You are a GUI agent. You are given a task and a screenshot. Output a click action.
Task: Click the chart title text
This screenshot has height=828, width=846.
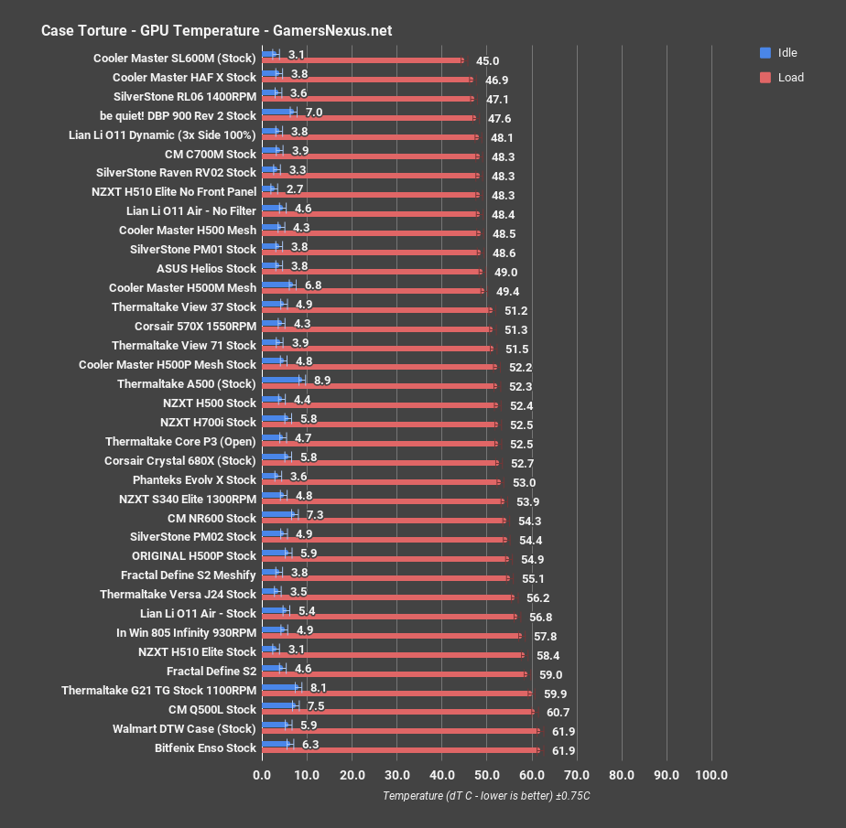click(216, 30)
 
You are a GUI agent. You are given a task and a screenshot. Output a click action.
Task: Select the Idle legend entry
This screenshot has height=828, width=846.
click(786, 52)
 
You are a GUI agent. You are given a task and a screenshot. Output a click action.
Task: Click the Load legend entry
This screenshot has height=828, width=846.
click(790, 78)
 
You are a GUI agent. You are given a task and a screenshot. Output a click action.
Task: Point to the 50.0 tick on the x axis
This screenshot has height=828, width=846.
click(487, 775)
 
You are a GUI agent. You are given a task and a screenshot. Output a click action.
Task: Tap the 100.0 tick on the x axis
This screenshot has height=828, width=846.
click(711, 775)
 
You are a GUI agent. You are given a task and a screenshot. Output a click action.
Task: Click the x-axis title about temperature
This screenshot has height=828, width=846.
click(486, 795)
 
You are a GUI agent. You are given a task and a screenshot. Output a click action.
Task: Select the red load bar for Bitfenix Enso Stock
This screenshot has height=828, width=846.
click(400, 750)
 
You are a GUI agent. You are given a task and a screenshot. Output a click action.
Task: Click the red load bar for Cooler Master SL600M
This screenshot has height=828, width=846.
click(362, 60)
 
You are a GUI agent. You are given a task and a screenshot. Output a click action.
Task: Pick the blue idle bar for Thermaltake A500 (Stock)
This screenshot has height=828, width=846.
click(281, 379)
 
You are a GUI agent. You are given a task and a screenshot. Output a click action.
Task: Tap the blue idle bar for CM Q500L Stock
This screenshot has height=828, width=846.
click(278, 704)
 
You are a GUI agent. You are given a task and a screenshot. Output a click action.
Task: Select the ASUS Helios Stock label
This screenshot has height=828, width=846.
click(206, 268)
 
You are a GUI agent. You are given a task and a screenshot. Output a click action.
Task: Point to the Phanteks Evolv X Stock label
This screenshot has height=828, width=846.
click(194, 479)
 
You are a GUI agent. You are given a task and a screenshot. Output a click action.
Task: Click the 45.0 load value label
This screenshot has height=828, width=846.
click(485, 61)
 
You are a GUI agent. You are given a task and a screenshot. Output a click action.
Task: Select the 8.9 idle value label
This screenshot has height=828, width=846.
click(321, 379)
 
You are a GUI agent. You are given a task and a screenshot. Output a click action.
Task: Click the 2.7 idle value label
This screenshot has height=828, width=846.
click(294, 188)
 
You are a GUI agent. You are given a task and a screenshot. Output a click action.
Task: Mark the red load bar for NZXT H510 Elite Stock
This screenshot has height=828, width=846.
click(393, 654)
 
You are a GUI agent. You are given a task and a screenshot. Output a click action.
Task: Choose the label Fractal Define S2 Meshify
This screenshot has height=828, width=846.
click(188, 575)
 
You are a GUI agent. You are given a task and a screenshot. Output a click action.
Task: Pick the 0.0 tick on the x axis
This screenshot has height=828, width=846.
click(263, 775)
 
